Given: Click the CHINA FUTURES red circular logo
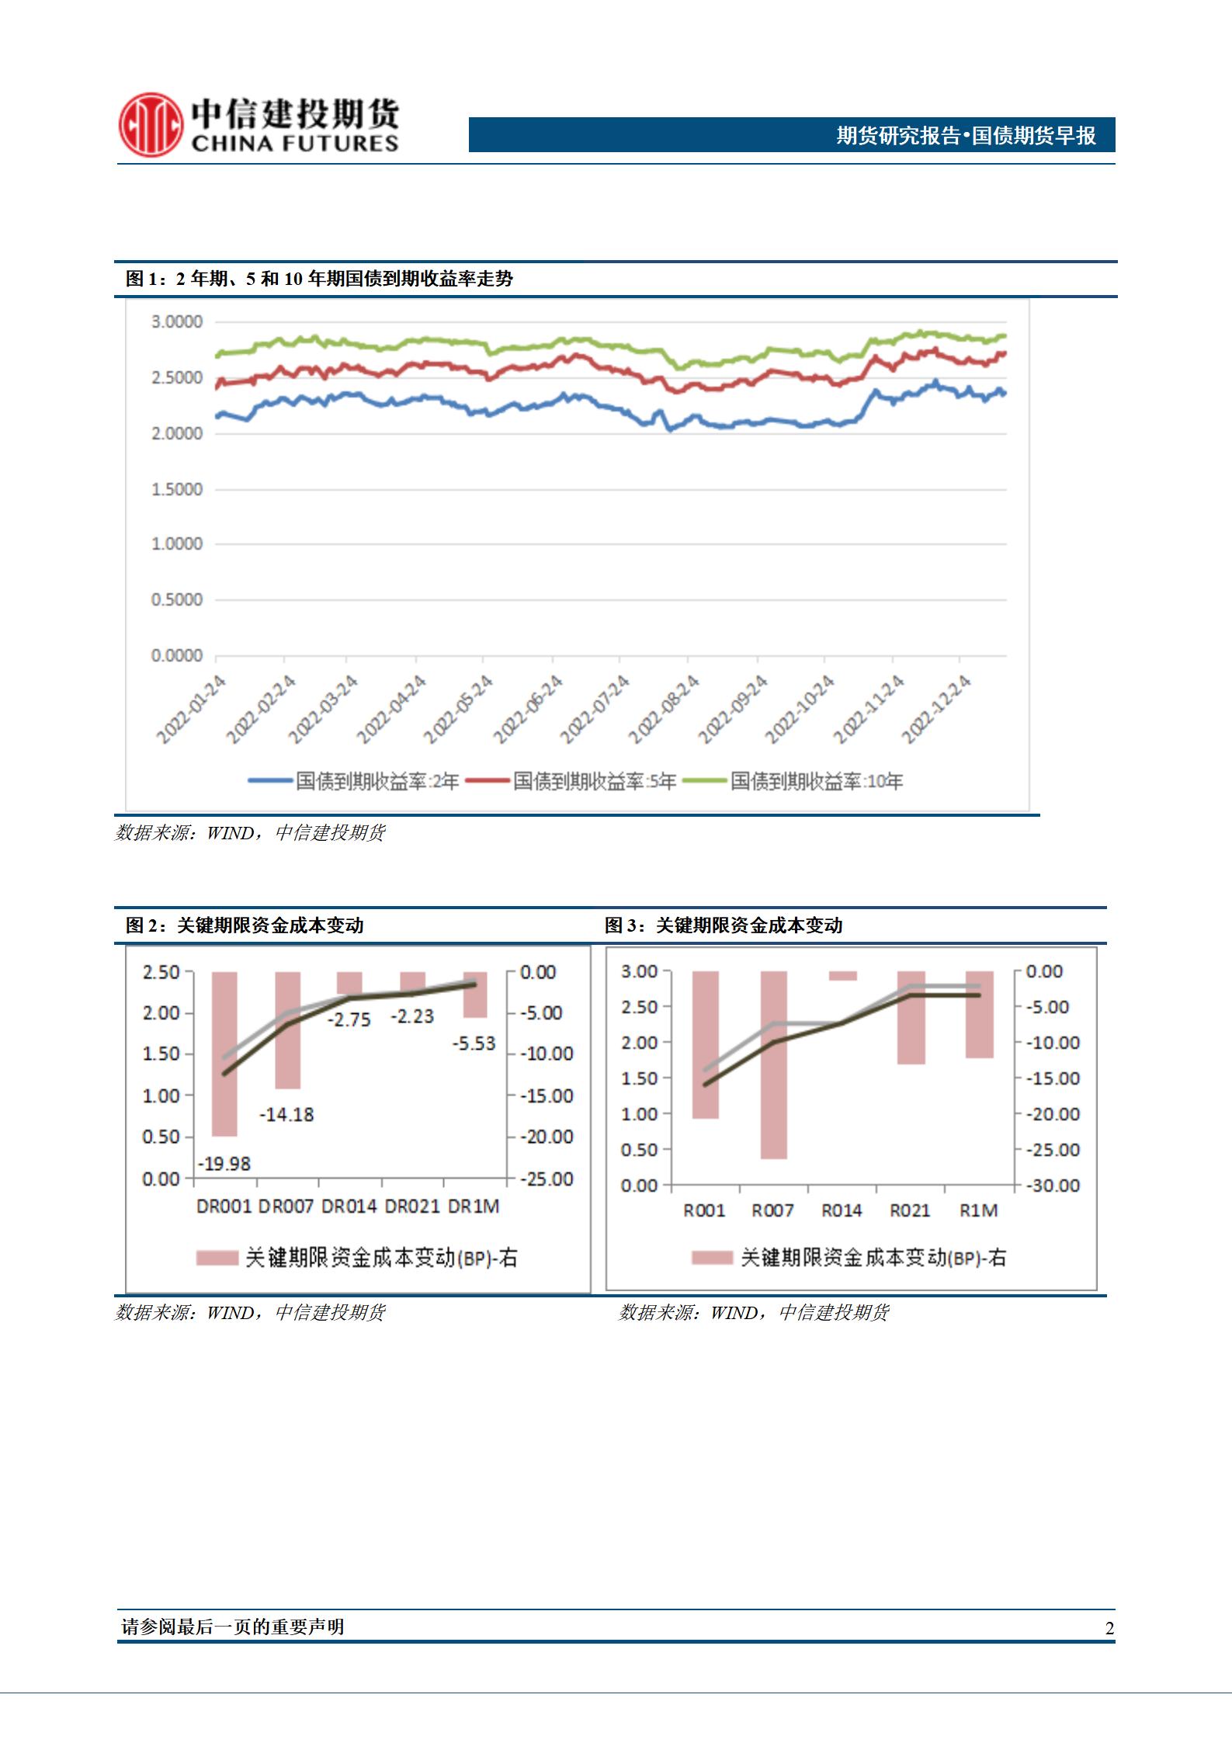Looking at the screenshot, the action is coord(151,124).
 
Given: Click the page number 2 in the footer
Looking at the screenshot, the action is coord(1109,1629).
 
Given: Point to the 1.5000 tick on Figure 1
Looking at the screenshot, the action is coord(176,490).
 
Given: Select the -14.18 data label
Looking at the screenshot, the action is coord(286,1115).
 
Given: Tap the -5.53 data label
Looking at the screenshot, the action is coord(474,1043).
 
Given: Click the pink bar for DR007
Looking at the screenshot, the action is coord(288,1030).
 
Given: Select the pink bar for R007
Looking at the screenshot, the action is coord(774,1064).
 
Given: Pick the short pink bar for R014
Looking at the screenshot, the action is coord(843,976).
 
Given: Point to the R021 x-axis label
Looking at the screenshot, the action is coord(910,1210).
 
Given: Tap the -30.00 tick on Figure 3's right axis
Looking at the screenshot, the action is coord(1053,1186).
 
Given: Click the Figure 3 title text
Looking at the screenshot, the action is coord(724,925).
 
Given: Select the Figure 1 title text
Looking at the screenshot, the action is coord(319,279).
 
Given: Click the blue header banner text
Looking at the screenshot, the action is coord(966,136).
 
